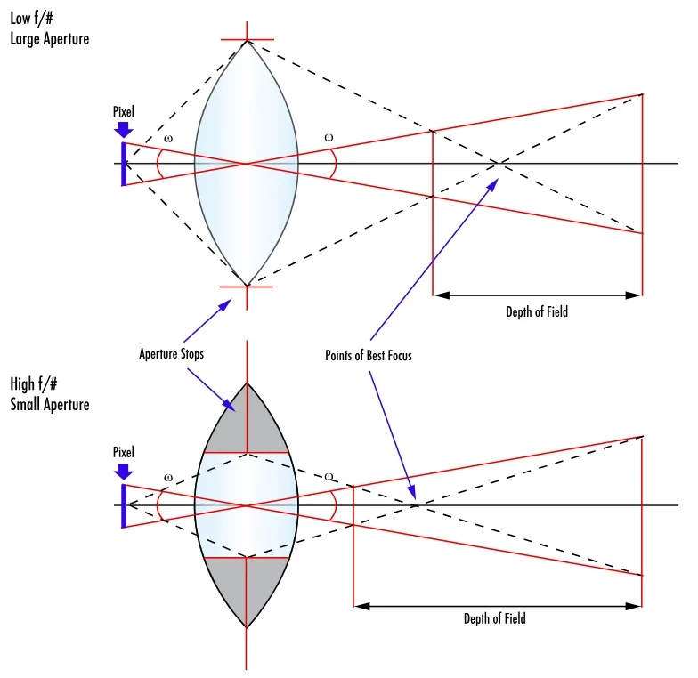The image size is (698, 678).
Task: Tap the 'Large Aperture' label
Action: (50, 38)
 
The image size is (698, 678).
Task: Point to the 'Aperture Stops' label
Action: (171, 354)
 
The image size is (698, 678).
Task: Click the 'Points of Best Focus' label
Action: (369, 356)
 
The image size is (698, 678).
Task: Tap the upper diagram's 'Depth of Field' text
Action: (537, 311)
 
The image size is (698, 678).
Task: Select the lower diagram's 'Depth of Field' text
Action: (494, 618)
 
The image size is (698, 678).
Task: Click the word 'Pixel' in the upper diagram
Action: (124, 111)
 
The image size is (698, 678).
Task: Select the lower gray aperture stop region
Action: (246, 589)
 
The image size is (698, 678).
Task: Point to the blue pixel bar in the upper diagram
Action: (124, 164)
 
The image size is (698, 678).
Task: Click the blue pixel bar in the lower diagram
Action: (124, 505)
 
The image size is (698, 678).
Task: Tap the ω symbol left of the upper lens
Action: (168, 139)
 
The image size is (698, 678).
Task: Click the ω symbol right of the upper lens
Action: (329, 138)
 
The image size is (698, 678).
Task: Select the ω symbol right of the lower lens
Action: (329, 477)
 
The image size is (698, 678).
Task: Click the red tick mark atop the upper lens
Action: (247, 40)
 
